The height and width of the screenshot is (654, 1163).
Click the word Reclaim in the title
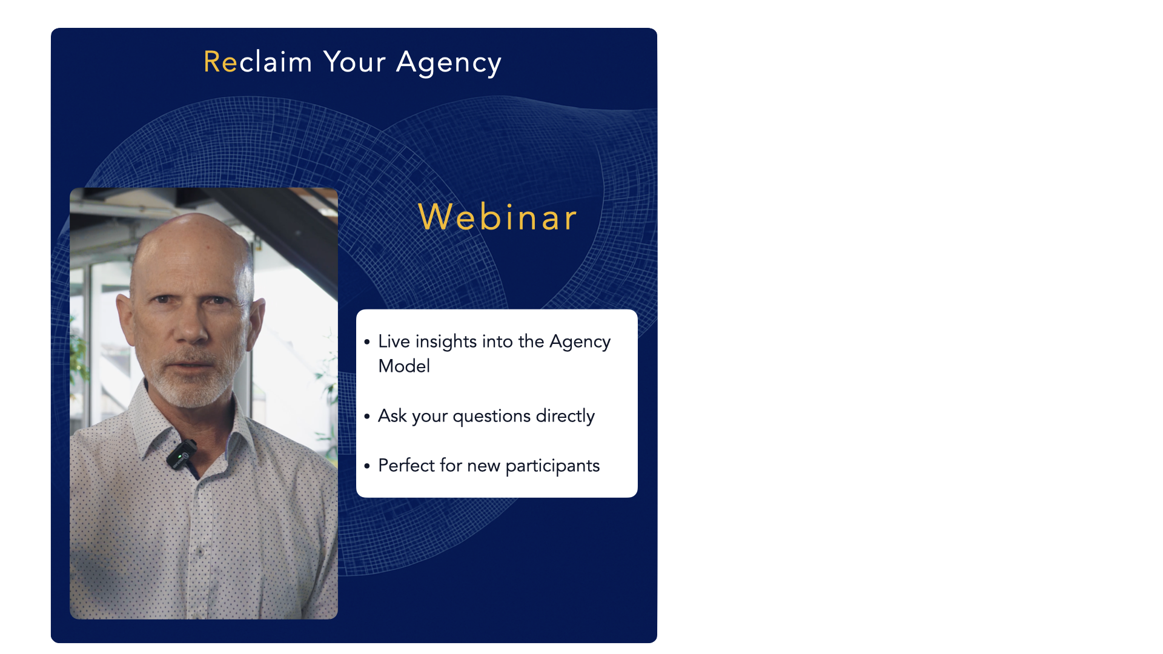click(x=257, y=62)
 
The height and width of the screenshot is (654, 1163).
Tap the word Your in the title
click(x=354, y=62)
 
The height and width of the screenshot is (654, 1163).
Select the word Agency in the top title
click(x=449, y=63)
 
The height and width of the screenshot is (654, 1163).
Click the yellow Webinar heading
click(x=497, y=217)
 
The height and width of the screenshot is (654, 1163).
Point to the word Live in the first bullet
click(x=394, y=342)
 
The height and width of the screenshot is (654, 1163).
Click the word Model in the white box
click(x=404, y=366)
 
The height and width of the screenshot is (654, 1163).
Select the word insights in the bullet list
click(x=446, y=342)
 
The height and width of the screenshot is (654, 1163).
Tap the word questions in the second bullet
click(x=491, y=417)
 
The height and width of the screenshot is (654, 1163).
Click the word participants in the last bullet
click(x=552, y=466)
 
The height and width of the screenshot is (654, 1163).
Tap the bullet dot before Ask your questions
click(x=367, y=417)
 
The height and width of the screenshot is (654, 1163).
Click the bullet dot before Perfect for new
click(x=367, y=466)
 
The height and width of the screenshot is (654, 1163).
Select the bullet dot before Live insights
click(x=367, y=342)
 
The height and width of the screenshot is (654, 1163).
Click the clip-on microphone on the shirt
click(x=182, y=454)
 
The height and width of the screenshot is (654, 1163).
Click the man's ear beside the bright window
click(x=256, y=321)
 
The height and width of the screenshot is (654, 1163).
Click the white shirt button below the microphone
click(x=200, y=552)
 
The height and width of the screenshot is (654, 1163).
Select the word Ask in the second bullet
click(x=392, y=416)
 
